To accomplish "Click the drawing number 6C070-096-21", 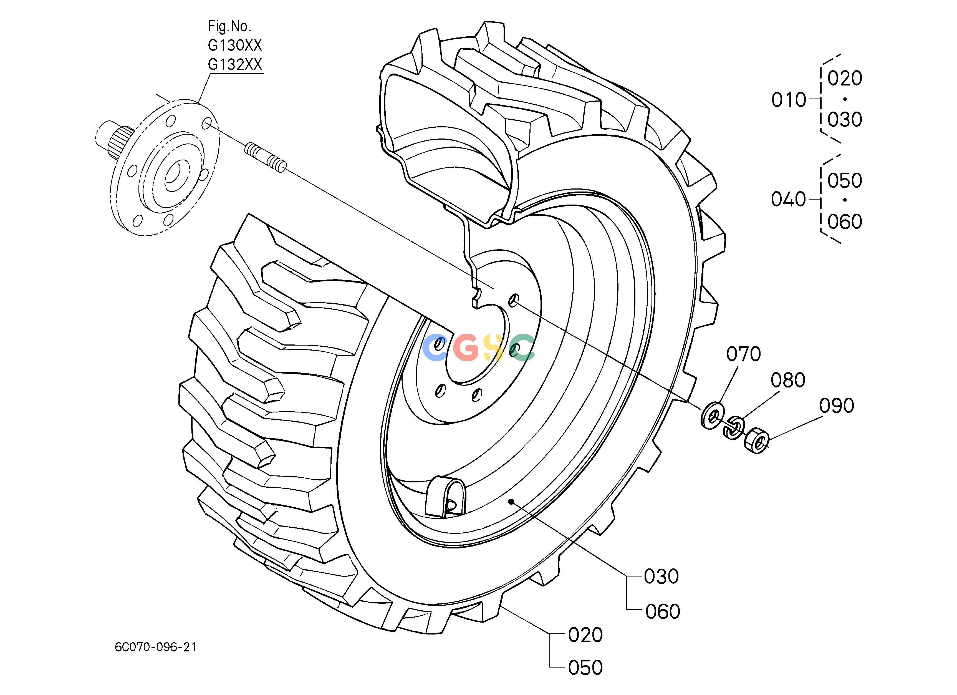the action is point(155,647).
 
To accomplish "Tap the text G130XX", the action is point(235,45).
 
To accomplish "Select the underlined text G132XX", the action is point(235,65).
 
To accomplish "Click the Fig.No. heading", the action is point(229,26).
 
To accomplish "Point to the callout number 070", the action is point(744,354).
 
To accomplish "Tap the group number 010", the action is point(789,100).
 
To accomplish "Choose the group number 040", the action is point(789,199).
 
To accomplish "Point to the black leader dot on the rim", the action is point(511,501).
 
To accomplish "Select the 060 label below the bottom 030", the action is point(663,612).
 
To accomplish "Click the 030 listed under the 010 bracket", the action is point(845,120).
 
